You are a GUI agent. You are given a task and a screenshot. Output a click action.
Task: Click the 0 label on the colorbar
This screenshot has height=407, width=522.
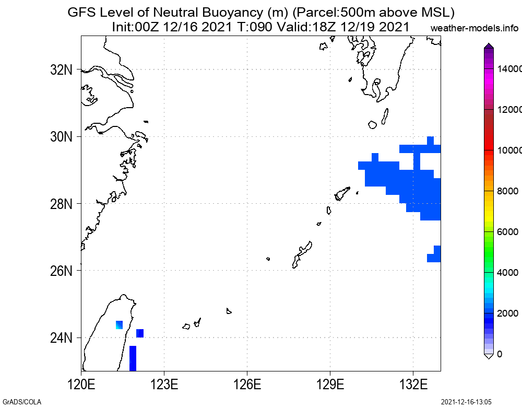click(x=500, y=354)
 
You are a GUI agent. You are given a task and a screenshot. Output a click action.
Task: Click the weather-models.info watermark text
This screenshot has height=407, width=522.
click(x=476, y=28)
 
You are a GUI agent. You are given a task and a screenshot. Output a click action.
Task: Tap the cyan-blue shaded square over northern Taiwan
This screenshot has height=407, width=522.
click(x=119, y=325)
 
